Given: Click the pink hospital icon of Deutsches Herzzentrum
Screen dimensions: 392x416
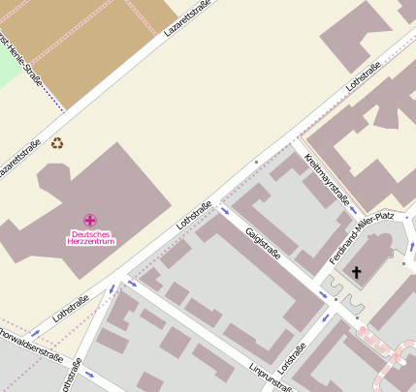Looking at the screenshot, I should pos(89,221).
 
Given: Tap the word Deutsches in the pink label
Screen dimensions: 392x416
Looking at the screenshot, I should pos(89,233).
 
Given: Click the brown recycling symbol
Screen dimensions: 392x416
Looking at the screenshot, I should pos(57,142).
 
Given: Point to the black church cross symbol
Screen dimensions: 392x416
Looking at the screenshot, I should pos(356,273).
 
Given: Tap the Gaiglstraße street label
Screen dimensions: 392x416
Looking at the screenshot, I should pos(263,242).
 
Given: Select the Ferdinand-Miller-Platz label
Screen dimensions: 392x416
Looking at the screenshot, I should pos(361,236).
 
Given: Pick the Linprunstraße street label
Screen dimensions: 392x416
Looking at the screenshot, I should pos(271,377).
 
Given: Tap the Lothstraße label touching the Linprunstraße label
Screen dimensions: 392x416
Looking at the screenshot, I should pos(292,357).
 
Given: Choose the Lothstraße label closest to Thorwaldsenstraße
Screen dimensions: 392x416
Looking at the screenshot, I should pos(71,308).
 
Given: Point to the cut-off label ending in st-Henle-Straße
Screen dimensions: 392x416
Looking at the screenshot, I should pos(22,61).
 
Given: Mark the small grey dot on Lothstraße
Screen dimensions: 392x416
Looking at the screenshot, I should pos(256,161).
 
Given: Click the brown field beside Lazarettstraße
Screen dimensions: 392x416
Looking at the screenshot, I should pos(97,48).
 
